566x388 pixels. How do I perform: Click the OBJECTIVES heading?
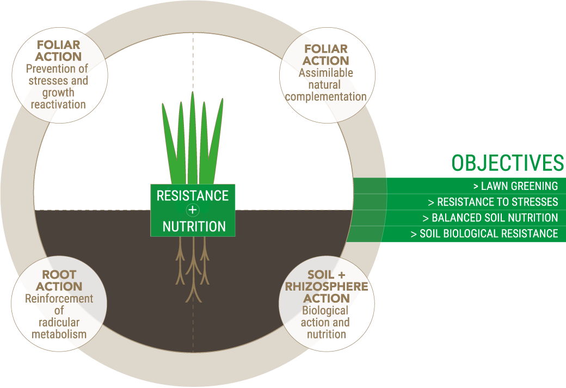click(508, 163)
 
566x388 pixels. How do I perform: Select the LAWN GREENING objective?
click(515, 186)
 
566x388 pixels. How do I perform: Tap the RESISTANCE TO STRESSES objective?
click(493, 202)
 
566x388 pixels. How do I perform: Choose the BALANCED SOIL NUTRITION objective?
click(490, 218)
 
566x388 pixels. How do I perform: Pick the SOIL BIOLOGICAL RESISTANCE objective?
click(484, 233)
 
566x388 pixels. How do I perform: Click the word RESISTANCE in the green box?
click(193, 195)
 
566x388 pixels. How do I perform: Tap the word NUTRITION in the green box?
click(194, 226)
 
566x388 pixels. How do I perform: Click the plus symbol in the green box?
click(193, 210)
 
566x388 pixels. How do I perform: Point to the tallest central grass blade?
click(193, 138)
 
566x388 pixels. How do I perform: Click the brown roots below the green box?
click(193, 269)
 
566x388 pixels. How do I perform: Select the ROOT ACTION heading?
click(59, 280)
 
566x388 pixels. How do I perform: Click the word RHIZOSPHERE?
click(327, 287)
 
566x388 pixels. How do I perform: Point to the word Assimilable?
click(325, 72)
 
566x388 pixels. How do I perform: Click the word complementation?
click(325, 97)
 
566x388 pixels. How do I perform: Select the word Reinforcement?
click(59, 299)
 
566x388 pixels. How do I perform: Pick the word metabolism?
click(59, 334)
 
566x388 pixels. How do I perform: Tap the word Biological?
click(325, 311)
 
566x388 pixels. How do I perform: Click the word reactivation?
click(58, 104)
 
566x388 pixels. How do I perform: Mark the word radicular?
click(59, 322)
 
